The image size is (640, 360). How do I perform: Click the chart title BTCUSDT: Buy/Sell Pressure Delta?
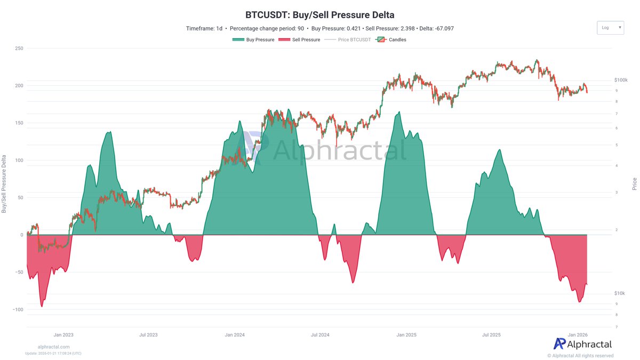(x=319, y=15)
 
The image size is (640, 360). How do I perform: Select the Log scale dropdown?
(x=610, y=28)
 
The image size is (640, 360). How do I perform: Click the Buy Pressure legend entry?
(x=253, y=39)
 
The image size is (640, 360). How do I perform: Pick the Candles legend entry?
(x=392, y=39)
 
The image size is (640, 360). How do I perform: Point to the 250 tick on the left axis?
(x=19, y=49)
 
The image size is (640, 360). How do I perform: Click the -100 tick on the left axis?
(x=18, y=310)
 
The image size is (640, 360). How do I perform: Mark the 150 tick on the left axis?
(x=19, y=123)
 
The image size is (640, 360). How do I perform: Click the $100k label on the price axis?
(x=620, y=80)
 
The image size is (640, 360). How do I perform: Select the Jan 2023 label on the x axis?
(x=63, y=335)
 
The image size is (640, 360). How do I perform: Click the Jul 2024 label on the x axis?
(x=320, y=335)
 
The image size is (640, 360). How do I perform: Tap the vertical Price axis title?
(x=634, y=184)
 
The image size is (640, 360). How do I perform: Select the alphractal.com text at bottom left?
(x=53, y=347)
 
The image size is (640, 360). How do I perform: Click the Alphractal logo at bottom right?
(x=582, y=344)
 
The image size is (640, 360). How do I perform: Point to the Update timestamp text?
(x=53, y=353)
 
